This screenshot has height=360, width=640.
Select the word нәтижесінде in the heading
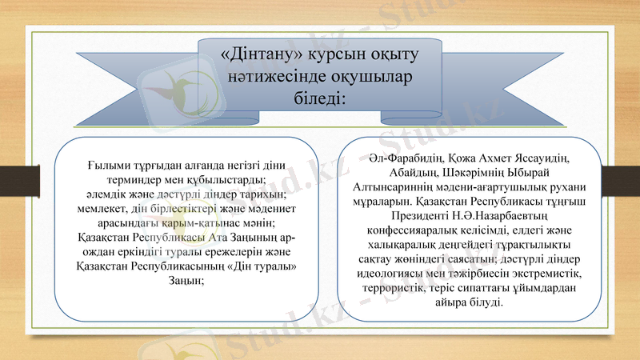[x=269, y=78]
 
